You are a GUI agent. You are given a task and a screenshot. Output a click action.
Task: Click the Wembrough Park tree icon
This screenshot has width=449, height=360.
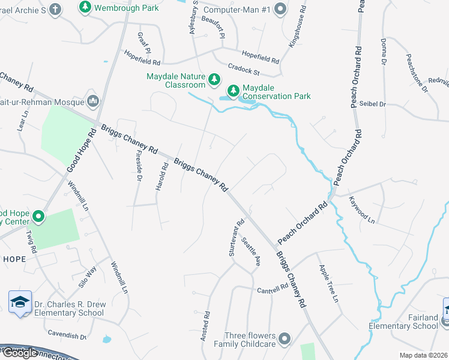click(x=85, y=7)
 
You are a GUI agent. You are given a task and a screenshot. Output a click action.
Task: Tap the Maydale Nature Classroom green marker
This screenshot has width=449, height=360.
click(x=214, y=79)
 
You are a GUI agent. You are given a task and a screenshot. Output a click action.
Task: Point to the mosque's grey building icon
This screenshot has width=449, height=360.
click(x=92, y=100)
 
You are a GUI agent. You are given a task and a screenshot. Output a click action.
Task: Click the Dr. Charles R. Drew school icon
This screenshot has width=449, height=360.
click(x=20, y=303)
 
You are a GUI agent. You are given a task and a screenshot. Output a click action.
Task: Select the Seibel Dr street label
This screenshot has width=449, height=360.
click(x=372, y=104)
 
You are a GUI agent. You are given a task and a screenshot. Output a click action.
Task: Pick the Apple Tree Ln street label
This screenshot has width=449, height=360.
click(x=328, y=283)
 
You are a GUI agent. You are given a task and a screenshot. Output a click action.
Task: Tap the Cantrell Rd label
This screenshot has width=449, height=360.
click(x=273, y=288)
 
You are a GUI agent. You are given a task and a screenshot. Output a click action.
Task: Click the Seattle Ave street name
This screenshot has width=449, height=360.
click(x=251, y=252)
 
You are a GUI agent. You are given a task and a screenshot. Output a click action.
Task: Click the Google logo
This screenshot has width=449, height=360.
click(x=20, y=353)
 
